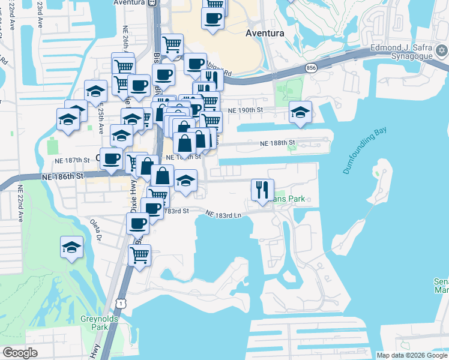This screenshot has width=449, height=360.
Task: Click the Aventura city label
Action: (x=265, y=34)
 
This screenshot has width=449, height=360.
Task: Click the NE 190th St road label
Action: (x=246, y=111)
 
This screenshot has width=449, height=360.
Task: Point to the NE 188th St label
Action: (x=278, y=143)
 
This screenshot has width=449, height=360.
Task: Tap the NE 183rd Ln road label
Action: (x=223, y=214)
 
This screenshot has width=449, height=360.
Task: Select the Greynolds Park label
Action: (x=95, y=323)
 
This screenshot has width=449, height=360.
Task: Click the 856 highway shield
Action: (x=310, y=68)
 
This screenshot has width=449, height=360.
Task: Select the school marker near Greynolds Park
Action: (x=71, y=247)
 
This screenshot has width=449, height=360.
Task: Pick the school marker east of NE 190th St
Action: (x=300, y=112)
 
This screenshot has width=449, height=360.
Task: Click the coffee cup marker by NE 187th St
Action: (x=111, y=159)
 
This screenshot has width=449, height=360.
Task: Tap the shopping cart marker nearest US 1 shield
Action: (x=139, y=255)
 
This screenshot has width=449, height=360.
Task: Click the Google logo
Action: (x=20, y=353)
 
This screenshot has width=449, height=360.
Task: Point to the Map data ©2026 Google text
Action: (x=412, y=355)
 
